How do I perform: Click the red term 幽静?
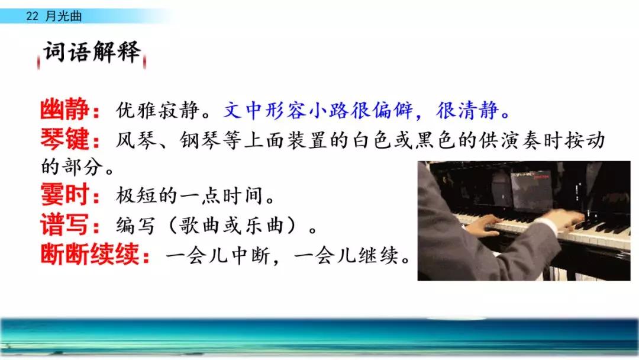(64, 110)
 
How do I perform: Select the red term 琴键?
(64, 139)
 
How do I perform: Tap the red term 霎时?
(64, 194)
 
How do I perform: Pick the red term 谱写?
(64, 224)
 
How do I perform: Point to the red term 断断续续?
(90, 254)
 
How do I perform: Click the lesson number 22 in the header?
(32, 16)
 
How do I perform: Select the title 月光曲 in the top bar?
(63, 16)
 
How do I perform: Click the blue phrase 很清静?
(467, 110)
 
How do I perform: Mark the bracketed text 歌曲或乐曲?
(232, 225)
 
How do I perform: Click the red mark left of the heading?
(38, 62)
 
